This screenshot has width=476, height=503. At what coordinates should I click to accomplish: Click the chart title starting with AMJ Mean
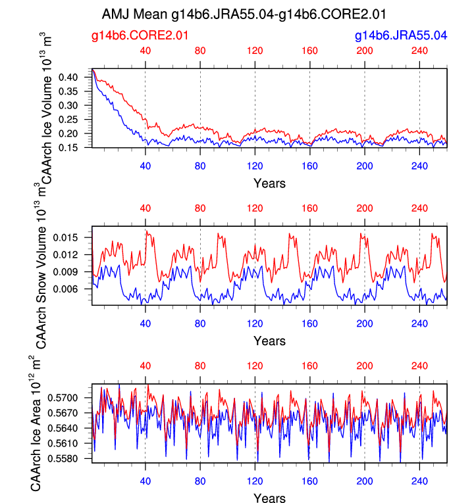(244, 14)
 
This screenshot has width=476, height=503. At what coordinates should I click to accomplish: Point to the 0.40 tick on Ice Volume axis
(77, 77)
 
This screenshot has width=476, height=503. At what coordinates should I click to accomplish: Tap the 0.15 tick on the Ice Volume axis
(77, 147)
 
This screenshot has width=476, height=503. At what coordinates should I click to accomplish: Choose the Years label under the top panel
(270, 183)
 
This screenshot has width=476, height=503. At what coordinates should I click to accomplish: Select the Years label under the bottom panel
(270, 498)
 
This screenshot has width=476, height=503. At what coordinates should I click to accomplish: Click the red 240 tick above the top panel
(419, 51)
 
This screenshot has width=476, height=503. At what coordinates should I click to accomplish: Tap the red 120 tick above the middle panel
(255, 208)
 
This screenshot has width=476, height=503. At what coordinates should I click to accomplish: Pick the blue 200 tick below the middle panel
(365, 322)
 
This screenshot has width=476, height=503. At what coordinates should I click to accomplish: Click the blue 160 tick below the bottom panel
(310, 480)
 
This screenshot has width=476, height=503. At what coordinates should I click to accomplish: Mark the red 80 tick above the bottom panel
(200, 366)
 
